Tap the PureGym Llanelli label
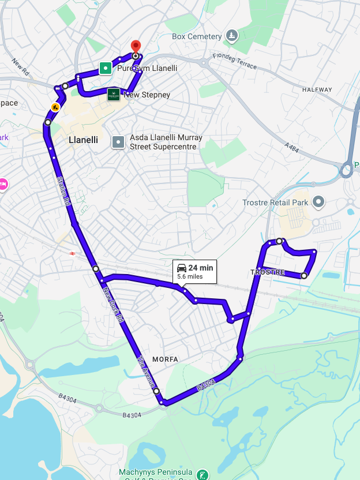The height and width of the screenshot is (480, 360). point(147,68)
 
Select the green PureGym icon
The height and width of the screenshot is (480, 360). point(105,68)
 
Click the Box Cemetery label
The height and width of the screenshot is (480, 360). point(197,36)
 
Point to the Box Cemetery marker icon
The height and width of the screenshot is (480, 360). point(232,36)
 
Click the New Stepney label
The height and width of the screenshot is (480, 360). point(147,95)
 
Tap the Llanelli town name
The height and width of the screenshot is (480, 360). point(83,140)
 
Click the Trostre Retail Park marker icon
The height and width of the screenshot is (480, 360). point(318,202)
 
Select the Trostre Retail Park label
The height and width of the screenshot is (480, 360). point(275,202)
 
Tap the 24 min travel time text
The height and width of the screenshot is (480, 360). point(201,268)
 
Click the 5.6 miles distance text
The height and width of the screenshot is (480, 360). point(190,277)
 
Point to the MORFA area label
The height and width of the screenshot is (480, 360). point(165,359)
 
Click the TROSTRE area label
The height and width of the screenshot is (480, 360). point(268,272)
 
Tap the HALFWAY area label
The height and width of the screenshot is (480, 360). point(317,89)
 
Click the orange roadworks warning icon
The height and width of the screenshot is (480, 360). point(55,107)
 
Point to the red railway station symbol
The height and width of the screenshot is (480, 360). point(73,253)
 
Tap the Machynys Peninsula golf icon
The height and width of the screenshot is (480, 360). point(202,475)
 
